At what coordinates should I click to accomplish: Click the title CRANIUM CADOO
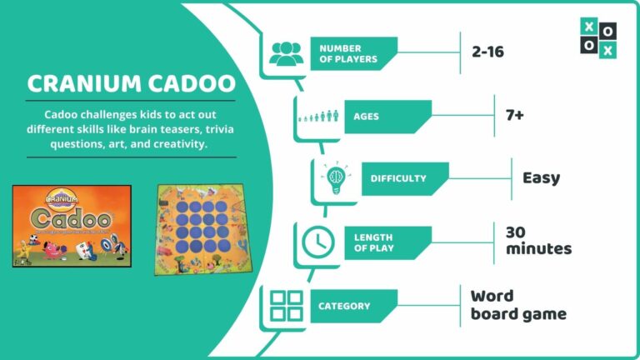(130, 84)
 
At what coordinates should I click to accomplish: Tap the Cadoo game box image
(71, 225)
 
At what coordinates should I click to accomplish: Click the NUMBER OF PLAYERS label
(347, 53)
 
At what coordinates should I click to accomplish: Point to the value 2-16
(487, 52)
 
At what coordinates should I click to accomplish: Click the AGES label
(366, 117)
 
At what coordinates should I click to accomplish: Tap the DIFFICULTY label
(397, 178)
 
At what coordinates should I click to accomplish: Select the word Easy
(541, 177)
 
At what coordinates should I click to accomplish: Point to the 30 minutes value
(538, 239)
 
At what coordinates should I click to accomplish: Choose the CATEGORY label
(343, 306)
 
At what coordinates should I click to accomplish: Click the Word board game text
(517, 305)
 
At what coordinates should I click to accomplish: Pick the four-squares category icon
(286, 306)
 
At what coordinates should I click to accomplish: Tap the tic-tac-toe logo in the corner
(598, 39)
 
